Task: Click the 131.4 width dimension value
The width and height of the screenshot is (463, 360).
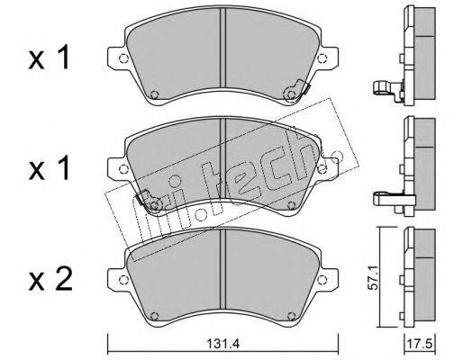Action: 222,344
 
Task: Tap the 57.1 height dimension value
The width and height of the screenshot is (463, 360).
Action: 373,276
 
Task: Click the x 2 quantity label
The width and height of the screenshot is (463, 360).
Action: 50,279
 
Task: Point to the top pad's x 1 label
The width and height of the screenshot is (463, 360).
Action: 50,57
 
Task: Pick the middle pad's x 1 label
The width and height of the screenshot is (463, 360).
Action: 50,167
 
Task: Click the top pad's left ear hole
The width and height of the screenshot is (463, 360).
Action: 123,58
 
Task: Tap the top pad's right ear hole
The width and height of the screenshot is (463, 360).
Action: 322,58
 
